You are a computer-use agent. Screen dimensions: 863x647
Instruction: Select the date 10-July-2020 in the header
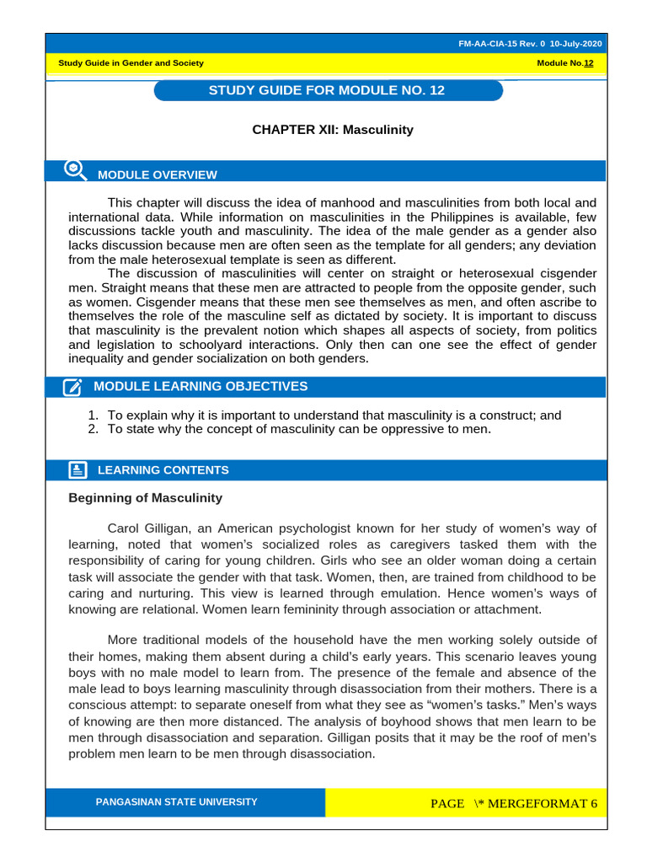pyautogui.click(x=576, y=44)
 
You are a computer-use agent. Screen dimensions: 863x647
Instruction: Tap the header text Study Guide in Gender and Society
pyautogui.click(x=131, y=64)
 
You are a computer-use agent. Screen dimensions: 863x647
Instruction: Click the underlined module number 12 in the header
pyautogui.click(x=589, y=64)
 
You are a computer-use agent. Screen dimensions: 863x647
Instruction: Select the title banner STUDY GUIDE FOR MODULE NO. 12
pyautogui.click(x=327, y=90)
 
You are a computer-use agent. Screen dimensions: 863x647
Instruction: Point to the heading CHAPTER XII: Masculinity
pyautogui.click(x=333, y=130)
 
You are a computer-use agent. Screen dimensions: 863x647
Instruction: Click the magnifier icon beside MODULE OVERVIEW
pyautogui.click(x=76, y=171)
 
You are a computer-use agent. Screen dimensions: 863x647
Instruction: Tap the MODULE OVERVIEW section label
pyautogui.click(x=158, y=175)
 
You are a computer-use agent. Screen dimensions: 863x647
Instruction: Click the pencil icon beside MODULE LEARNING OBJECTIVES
pyautogui.click(x=73, y=387)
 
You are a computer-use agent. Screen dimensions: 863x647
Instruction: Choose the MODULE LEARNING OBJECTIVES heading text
pyautogui.click(x=201, y=387)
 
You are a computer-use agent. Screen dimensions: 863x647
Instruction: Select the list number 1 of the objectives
pyautogui.click(x=93, y=415)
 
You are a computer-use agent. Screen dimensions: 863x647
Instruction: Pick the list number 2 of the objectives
pyautogui.click(x=93, y=429)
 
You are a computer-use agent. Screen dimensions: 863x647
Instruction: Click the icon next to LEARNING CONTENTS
pyautogui.click(x=76, y=470)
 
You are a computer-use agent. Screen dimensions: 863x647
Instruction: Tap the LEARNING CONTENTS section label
pyautogui.click(x=163, y=470)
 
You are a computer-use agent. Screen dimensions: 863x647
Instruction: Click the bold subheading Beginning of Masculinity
pyautogui.click(x=145, y=498)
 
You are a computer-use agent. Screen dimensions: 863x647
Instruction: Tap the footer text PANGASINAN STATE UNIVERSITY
pyautogui.click(x=177, y=802)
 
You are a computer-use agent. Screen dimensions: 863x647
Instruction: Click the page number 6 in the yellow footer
pyautogui.click(x=594, y=803)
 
